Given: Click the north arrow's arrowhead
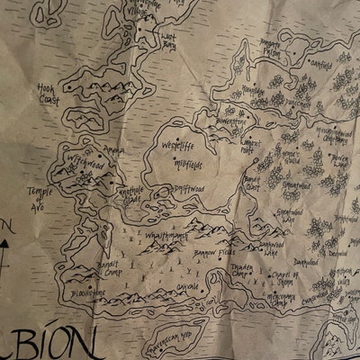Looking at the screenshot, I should pyautogui.click(x=4, y=237).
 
